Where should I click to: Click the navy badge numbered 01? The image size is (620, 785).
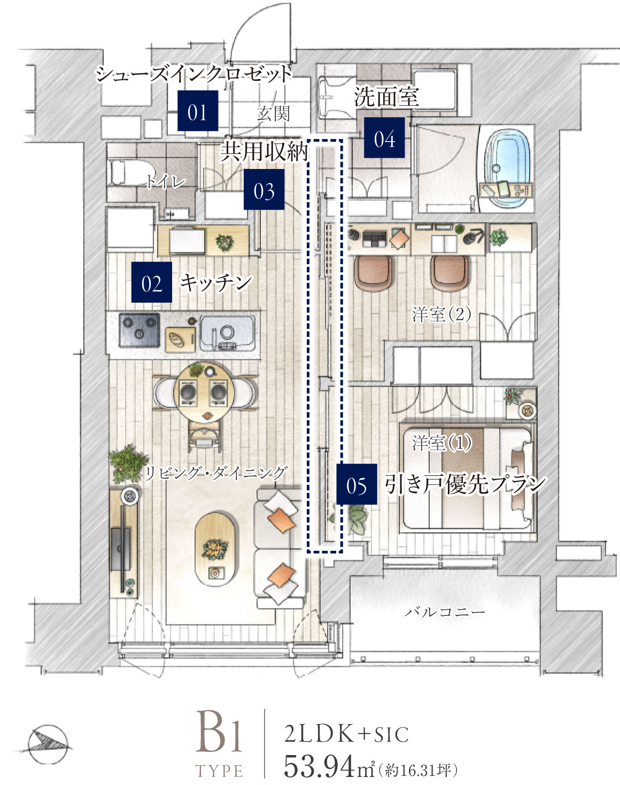pyautogui.click(x=198, y=111)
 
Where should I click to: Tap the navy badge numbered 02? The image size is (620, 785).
pyautogui.click(x=152, y=282)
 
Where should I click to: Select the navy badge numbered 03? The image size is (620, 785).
pyautogui.click(x=264, y=189)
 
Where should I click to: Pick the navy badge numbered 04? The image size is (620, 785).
pyautogui.click(x=384, y=137)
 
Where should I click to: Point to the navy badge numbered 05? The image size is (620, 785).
pyautogui.click(x=356, y=484)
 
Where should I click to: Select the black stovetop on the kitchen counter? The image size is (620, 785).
pyautogui.click(x=139, y=330)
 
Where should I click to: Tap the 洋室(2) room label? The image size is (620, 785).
pyautogui.click(x=441, y=314)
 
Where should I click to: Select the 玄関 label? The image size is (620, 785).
pyautogui.click(x=273, y=113)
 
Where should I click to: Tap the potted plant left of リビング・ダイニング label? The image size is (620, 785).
pyautogui.click(x=128, y=464)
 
